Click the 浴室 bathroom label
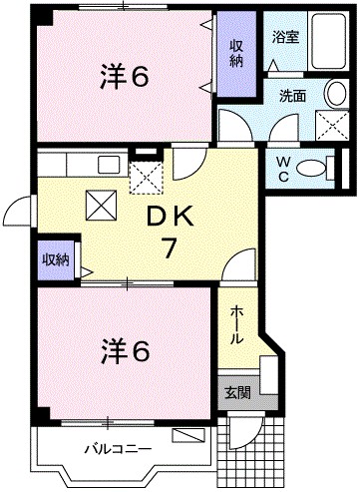285,37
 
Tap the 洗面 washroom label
292,98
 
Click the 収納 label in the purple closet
237,52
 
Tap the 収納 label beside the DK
54,259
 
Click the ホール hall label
236,324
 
